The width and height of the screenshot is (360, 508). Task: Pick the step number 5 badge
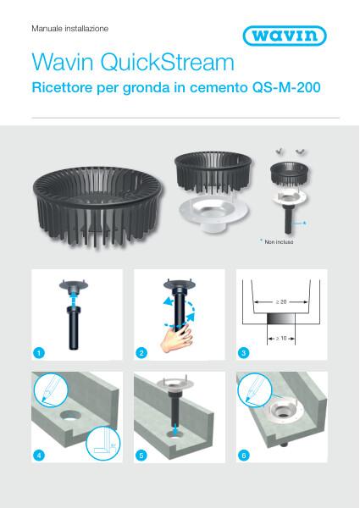[x=142, y=455]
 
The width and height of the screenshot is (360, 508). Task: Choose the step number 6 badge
[x=246, y=455]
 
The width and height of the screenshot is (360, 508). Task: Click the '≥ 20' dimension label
[x=279, y=301]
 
